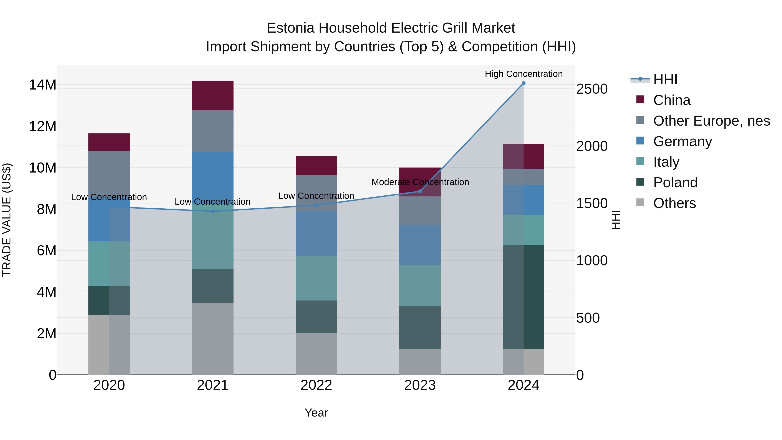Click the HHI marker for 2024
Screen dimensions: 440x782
click(x=523, y=83)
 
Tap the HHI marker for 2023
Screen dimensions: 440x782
click(x=420, y=191)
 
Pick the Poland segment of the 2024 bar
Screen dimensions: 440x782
click(x=523, y=297)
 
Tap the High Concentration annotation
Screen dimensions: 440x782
click(x=523, y=74)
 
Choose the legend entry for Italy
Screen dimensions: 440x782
click(x=666, y=162)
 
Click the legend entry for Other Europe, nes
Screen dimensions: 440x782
click(x=711, y=121)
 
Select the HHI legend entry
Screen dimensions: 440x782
click(x=665, y=80)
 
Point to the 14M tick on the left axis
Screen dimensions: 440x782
click(x=43, y=85)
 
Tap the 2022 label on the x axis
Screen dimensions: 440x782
click(x=316, y=385)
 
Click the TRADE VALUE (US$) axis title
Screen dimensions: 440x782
click(x=7, y=220)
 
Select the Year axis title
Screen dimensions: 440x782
click(x=316, y=413)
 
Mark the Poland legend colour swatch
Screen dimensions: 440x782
click(x=640, y=182)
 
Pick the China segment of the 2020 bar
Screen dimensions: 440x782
click(x=109, y=142)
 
